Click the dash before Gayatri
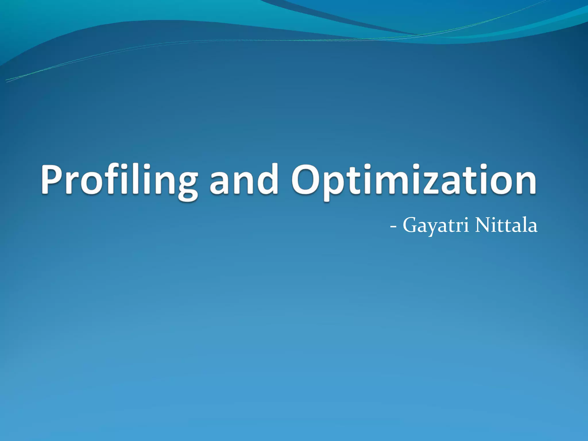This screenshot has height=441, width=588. [x=393, y=227]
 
